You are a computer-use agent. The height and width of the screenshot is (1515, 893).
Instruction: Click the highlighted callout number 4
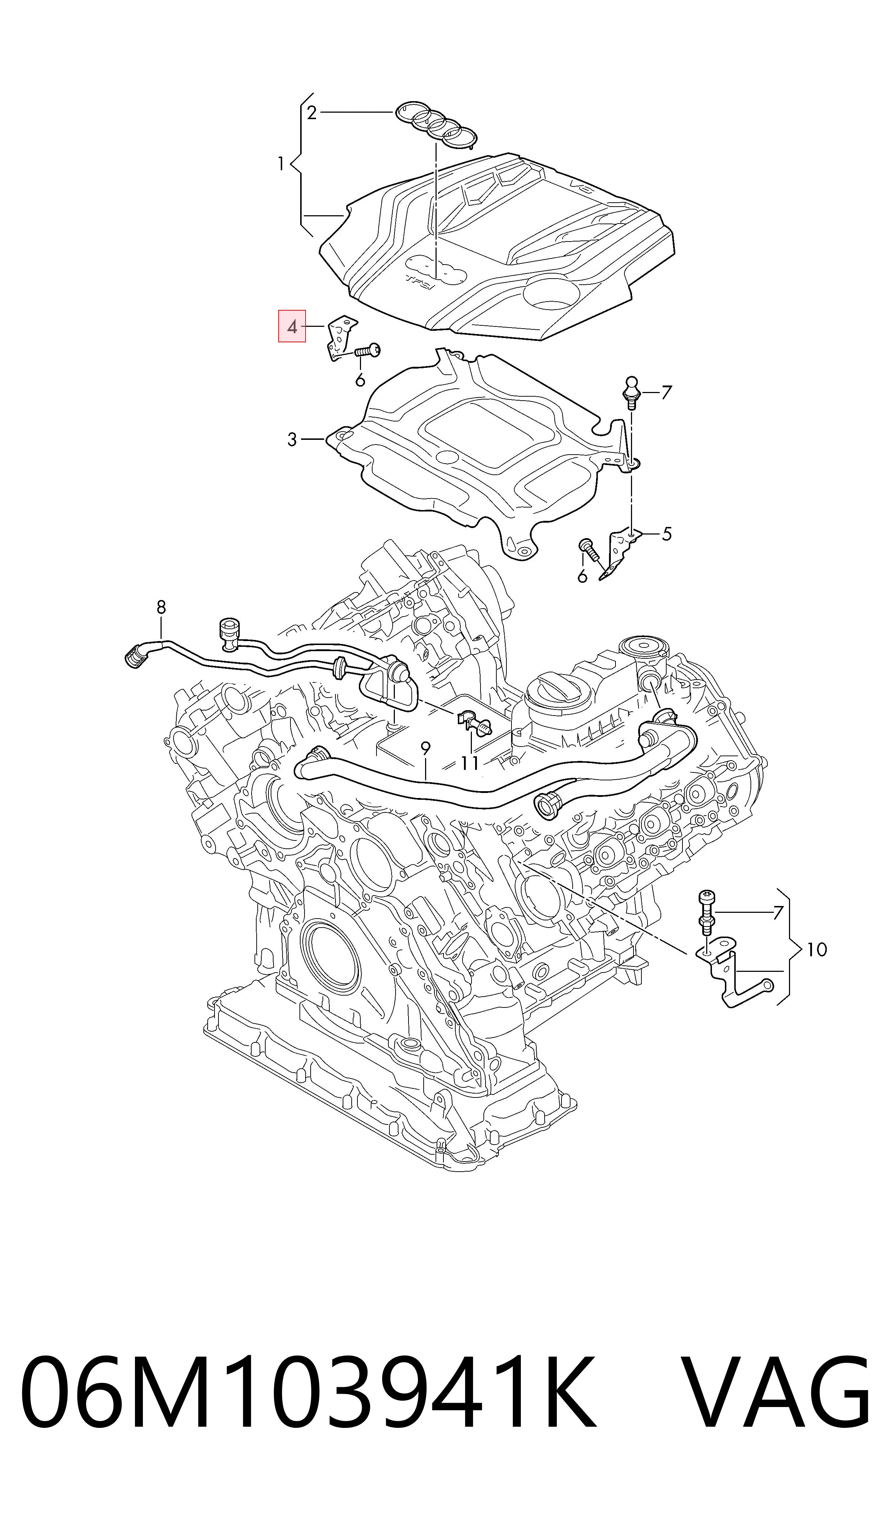click(x=292, y=327)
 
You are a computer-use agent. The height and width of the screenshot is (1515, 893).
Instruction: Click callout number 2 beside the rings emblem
click(x=311, y=113)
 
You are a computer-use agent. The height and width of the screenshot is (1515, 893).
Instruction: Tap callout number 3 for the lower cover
click(x=292, y=440)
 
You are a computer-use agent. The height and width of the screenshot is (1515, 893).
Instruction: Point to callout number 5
click(x=666, y=534)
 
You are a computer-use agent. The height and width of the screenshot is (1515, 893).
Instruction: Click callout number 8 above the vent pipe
click(x=161, y=607)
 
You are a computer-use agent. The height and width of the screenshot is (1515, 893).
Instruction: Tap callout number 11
click(x=470, y=763)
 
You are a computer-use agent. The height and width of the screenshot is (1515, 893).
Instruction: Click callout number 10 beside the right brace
click(x=817, y=950)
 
